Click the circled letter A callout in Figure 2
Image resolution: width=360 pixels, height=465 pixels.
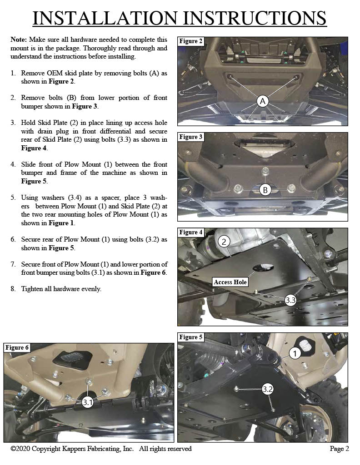[262, 101]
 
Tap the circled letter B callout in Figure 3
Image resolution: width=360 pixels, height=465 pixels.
[265, 190]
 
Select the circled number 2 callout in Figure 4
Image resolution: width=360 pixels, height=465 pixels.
[224, 242]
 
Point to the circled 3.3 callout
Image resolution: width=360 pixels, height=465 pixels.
[291, 300]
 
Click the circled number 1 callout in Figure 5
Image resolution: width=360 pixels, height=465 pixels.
[295, 353]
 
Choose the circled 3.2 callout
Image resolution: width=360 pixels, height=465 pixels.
[268, 389]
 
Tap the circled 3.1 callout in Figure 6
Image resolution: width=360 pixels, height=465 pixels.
[88, 402]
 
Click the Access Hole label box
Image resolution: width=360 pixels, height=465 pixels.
[230, 282]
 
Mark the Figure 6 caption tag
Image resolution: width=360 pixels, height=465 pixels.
[17, 347]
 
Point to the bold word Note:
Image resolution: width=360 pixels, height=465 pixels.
[19, 40]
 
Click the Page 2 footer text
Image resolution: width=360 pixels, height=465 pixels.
[339, 449]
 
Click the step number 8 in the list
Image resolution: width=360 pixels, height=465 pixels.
[13, 289]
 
